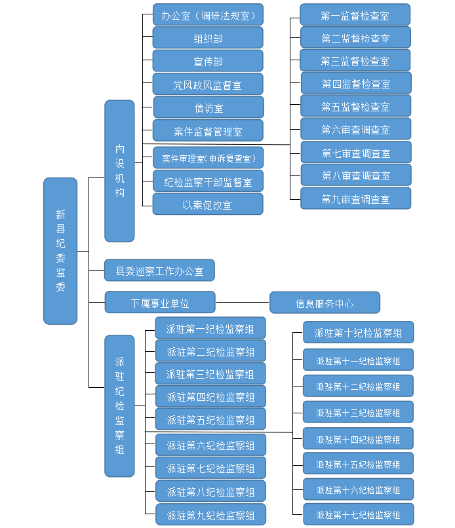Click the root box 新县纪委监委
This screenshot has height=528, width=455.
coord(60,251)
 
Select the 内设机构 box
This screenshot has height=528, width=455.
coord(119,171)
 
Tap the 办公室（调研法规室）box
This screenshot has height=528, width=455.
coord(208,14)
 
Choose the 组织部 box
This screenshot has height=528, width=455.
coord(208,38)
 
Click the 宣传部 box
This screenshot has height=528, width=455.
coord(208,61)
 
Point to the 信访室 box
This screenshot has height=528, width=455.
coord(208,107)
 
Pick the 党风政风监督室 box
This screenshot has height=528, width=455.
coord(208,85)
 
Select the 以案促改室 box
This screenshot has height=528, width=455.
coord(208,204)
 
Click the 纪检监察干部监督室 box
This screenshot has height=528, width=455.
coord(208,181)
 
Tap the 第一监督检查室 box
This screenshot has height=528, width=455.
coord(355,14)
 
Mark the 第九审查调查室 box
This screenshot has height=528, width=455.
coord(355,198)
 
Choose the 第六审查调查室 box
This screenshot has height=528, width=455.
coord(355,129)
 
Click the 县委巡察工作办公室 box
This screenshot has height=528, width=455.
coord(160,270)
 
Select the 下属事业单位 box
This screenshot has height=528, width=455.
coord(160,303)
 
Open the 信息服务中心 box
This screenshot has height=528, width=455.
coord(325,303)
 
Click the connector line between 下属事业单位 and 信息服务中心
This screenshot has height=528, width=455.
coord(243,303)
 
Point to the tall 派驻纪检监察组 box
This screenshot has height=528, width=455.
coord(119,405)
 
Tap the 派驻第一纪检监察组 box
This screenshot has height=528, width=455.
coord(210,328)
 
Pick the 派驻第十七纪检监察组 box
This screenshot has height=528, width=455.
coord(358,514)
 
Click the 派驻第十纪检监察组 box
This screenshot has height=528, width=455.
coord(358,332)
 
